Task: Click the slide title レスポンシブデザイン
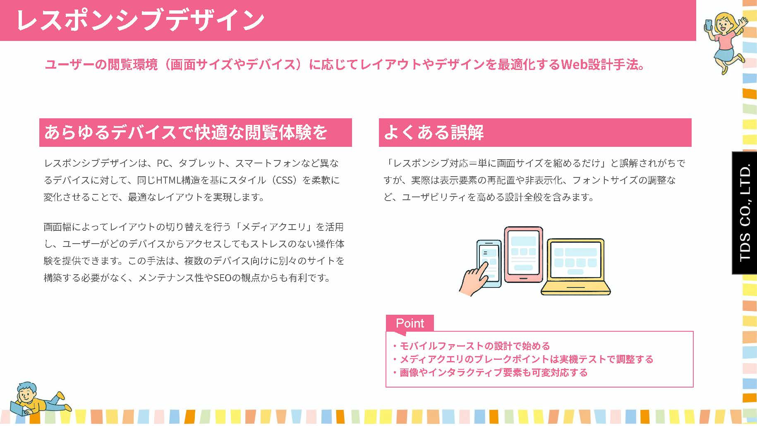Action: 140,20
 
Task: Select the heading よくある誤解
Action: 434,132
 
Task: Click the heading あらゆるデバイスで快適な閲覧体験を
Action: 186,132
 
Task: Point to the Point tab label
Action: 410,323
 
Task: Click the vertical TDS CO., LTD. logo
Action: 745,213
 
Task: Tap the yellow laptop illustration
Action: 576,266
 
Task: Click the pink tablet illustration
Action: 523,254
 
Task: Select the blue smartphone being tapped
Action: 489,263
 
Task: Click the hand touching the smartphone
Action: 474,280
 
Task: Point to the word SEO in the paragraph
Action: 222,278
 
